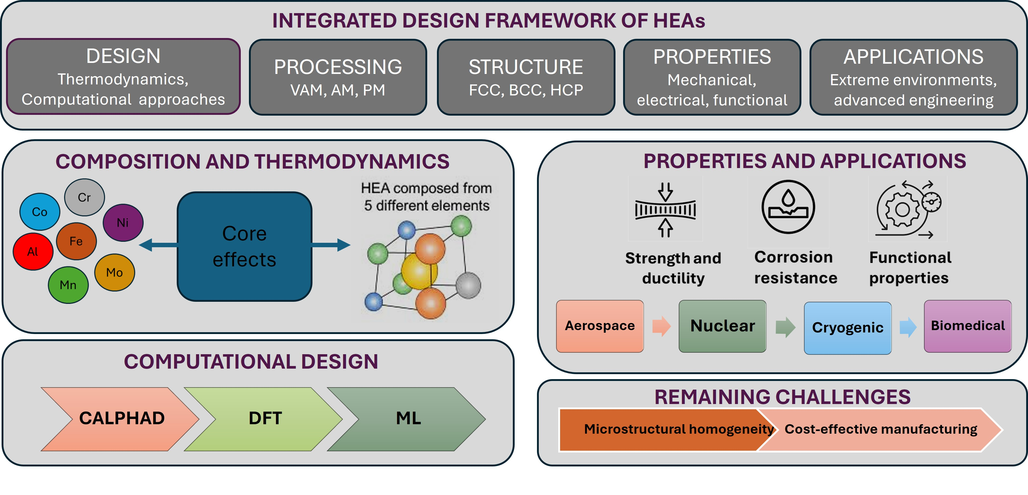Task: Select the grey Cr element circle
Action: coord(84,197)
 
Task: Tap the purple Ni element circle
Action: coord(123,222)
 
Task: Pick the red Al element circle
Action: coord(33,251)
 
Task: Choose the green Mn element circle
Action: coord(68,284)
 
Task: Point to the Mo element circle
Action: coord(114,272)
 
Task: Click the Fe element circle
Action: coord(76,241)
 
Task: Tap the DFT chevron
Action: coord(263,418)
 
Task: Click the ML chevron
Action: coord(407,418)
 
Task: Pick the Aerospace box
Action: coord(600,326)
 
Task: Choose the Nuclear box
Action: coord(722,326)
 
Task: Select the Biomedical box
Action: coord(968,326)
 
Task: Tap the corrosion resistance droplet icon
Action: coord(788,206)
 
